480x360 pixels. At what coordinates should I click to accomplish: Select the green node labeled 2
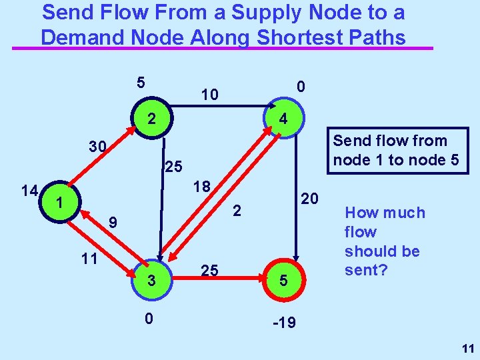coord(152,120)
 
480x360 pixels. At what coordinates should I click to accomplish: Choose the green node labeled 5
coord(283,281)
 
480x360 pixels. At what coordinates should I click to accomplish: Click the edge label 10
coord(209,95)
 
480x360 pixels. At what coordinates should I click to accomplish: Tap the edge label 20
coord(310,199)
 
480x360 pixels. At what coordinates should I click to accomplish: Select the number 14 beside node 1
coord(28,191)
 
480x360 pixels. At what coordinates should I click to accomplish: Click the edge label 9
coord(115,223)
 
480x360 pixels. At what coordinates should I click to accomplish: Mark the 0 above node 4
coord(301,87)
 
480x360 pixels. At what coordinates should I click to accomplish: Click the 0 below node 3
coord(150,319)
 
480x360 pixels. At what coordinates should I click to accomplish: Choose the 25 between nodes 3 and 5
coord(209,270)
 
